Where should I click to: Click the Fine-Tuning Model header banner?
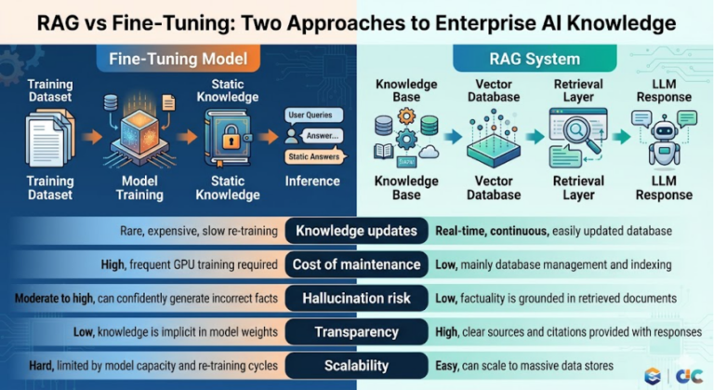[178, 59]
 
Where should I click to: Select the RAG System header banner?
[535, 59]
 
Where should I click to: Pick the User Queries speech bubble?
[313, 114]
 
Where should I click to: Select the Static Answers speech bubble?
[314, 156]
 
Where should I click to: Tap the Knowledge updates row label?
[357, 231]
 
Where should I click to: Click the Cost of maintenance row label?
[357, 264]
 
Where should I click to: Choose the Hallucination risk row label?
[357, 298]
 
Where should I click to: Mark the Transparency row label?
[357, 332]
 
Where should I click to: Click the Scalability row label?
[357, 366]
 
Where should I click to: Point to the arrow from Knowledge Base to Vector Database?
[453, 137]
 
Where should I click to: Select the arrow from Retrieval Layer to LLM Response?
[622, 137]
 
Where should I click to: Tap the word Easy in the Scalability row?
[446, 366]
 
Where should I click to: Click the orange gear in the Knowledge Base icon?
[406, 116]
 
